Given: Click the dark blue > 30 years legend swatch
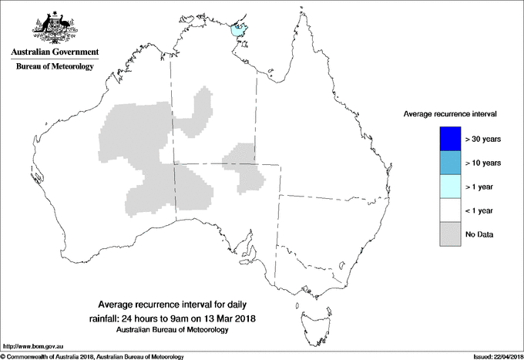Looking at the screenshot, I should pos(449,139).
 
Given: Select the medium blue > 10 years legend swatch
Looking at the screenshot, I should pos(449,163).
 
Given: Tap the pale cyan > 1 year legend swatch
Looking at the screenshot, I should pos(449,187).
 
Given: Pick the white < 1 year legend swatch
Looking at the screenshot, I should pos(449,210).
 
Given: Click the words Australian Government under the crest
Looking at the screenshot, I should pos(55,52).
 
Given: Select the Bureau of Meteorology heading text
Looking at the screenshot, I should pos(55,67).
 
